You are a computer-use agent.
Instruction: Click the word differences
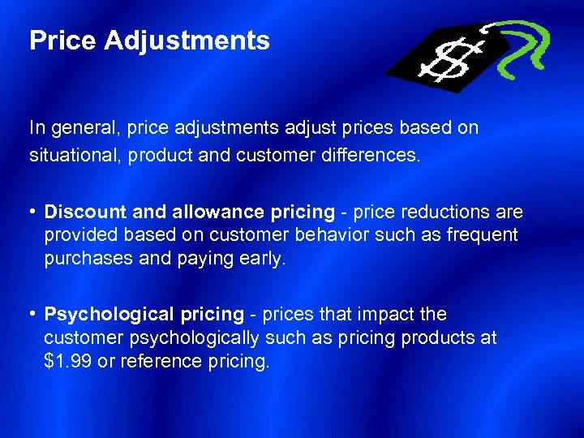click(376, 154)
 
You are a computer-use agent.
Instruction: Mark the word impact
click(389, 314)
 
